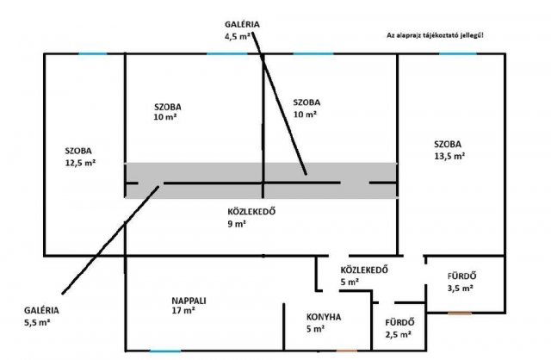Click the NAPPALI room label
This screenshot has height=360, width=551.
pyautogui.click(x=189, y=301)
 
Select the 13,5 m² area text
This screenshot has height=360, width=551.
pyautogui.click(x=450, y=156)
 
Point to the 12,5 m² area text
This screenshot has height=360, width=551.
pyautogui.click(x=80, y=162)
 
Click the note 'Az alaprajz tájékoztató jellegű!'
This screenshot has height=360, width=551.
pyautogui.click(x=436, y=34)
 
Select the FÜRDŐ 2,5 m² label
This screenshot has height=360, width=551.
pyautogui.click(x=397, y=328)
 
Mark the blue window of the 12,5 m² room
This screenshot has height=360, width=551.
pyautogui.click(x=92, y=55)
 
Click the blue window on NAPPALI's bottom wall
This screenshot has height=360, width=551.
pyautogui.click(x=165, y=351)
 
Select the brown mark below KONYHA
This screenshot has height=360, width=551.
pyautogui.click(x=347, y=351)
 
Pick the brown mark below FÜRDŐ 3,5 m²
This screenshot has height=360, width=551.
pyautogui.click(x=460, y=313)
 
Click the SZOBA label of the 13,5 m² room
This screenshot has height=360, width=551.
pyautogui.click(x=448, y=144)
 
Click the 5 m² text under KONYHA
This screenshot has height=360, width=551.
pyautogui.click(x=315, y=328)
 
